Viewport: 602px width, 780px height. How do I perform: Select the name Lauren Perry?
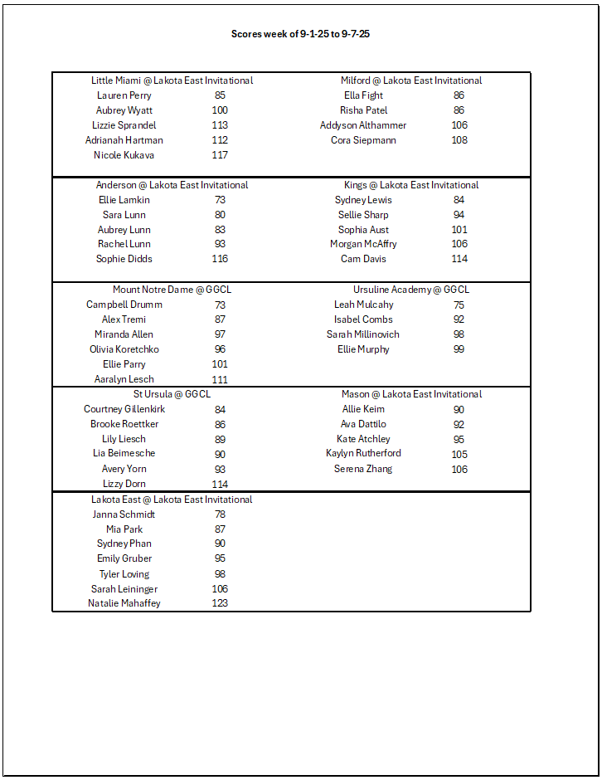[x=124, y=95]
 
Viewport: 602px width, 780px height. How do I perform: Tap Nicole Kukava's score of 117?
[x=220, y=155]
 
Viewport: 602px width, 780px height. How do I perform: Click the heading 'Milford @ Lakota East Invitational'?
[x=411, y=80]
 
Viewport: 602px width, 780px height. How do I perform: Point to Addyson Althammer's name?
[x=363, y=125]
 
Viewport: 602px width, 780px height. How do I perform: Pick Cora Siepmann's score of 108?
[x=459, y=140]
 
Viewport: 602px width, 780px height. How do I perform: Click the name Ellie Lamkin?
[x=124, y=200]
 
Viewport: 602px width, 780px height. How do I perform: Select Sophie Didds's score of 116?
[x=220, y=259]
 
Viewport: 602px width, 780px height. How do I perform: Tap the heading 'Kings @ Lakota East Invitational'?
[x=411, y=185]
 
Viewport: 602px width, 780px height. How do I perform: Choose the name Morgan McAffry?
[x=363, y=244]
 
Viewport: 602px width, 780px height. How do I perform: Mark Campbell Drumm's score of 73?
[x=220, y=305]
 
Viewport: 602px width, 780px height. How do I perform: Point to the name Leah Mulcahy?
[x=363, y=305]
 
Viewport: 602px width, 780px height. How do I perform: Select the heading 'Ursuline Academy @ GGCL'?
[x=411, y=290]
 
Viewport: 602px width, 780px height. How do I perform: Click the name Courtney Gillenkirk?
[x=124, y=409]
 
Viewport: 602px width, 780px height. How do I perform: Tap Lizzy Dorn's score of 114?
[x=220, y=484]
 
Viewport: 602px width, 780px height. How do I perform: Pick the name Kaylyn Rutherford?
[x=363, y=453]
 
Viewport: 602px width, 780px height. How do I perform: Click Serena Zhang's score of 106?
[x=459, y=469]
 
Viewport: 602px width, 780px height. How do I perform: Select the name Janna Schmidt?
[x=124, y=514]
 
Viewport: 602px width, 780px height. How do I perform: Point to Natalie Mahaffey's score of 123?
[x=220, y=603]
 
